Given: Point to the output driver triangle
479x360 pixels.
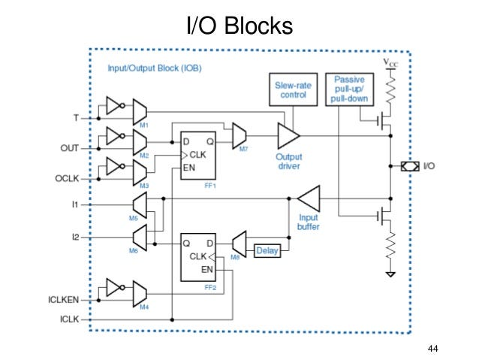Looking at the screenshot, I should (288, 136).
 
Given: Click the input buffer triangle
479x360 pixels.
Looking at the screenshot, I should (308, 199).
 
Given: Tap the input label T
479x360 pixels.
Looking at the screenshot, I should (75, 118).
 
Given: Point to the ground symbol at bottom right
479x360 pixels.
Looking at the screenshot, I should (390, 274).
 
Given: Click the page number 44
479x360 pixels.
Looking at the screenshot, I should (432, 348).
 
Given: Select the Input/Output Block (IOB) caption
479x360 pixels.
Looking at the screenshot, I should (159, 68).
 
